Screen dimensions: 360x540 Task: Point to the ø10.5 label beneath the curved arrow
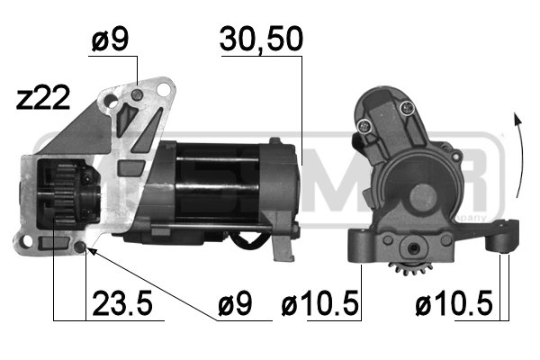pos(454,305)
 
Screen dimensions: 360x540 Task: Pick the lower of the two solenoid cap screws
pos(364,127)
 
